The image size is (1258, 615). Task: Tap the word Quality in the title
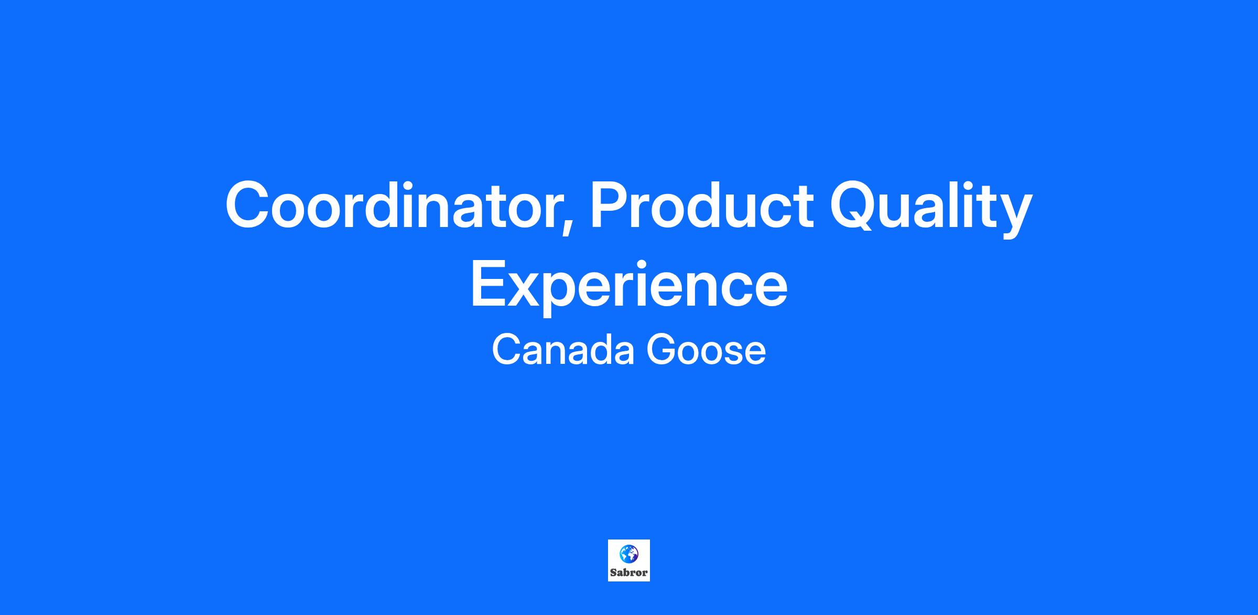(931, 208)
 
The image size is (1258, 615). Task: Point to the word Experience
(629, 287)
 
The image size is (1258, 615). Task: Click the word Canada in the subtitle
(563, 350)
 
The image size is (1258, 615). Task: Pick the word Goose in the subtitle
(706, 350)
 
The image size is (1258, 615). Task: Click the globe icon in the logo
(628, 554)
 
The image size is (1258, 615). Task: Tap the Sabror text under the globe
(628, 573)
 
